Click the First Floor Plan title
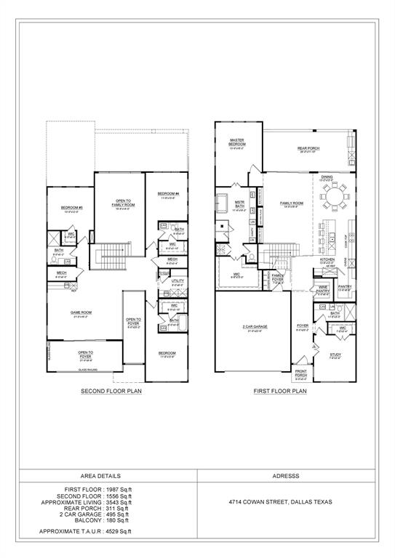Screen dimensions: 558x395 click(280, 391)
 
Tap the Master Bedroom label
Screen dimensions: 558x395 click(236, 142)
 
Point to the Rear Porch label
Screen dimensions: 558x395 click(308, 149)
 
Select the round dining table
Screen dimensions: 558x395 click(335, 197)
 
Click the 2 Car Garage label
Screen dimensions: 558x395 click(256, 327)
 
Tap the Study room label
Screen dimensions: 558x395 click(335, 355)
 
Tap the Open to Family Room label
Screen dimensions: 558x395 click(119, 202)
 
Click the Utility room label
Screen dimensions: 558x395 click(177, 280)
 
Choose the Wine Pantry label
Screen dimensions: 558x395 click(322, 289)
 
